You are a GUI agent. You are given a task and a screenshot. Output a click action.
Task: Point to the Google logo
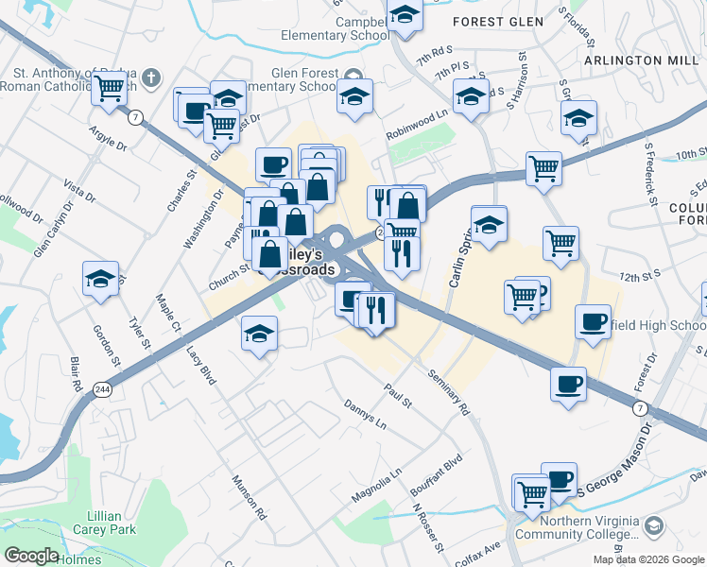31,556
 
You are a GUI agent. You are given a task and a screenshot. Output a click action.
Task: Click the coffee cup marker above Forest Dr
594,320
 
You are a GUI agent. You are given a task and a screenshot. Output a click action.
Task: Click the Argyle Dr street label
108,138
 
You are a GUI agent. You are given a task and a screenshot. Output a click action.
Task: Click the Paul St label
398,395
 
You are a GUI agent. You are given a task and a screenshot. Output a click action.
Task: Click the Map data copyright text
648,559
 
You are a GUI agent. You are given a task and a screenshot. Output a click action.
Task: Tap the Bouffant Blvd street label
440,475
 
